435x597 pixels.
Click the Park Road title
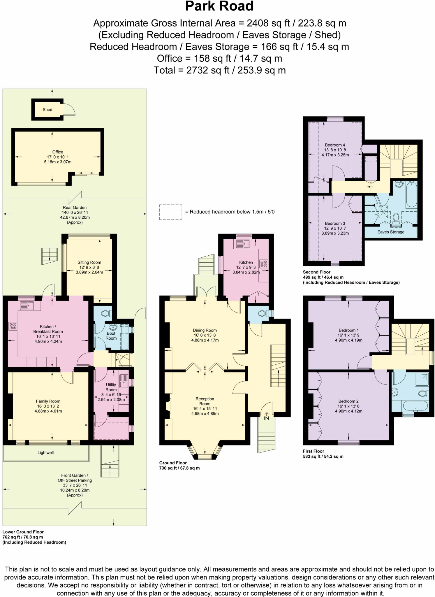pyautogui.click(x=219, y=6)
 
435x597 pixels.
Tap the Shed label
pyautogui.click(x=47, y=110)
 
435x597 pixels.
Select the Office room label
pyautogui.click(x=57, y=152)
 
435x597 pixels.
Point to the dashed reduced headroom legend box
pyautogui.click(x=170, y=212)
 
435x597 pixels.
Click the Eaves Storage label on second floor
pyautogui.click(x=391, y=232)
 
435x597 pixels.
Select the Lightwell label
pyautogui.click(x=45, y=453)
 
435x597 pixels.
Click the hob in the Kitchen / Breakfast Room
pyautogui.click(x=13, y=326)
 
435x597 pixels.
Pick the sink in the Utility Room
pyautogui.click(x=124, y=381)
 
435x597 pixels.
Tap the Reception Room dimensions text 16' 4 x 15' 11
pyautogui.click(x=205, y=409)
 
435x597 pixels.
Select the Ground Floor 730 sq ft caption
pyautogui.click(x=179, y=466)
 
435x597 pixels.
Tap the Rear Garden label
pyautogui.click(x=75, y=208)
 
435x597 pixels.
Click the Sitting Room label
pyautogui.click(x=89, y=262)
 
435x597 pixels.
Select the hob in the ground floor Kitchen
pyautogui.click(x=264, y=264)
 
